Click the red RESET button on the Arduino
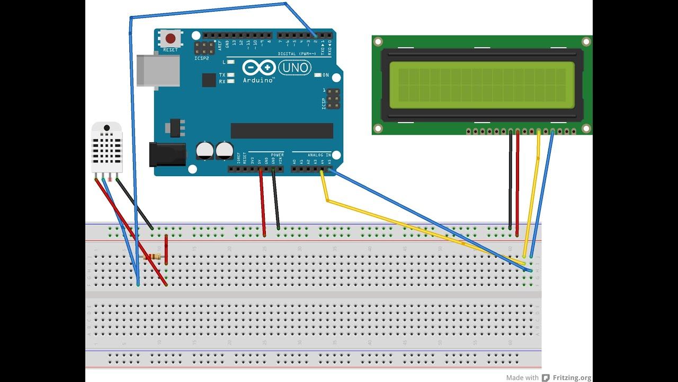click(x=171, y=38)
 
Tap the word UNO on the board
click(x=295, y=68)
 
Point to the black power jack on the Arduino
click(x=167, y=154)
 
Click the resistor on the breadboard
click(x=153, y=257)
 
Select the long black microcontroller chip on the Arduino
click(x=282, y=131)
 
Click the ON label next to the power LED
click(x=326, y=75)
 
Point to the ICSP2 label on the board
click(x=202, y=58)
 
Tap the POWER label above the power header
click(x=277, y=155)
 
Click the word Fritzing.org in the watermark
click(x=572, y=378)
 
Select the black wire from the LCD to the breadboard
click(x=510, y=180)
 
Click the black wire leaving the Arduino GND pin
click(x=276, y=199)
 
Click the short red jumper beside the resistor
click(x=166, y=249)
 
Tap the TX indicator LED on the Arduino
click(x=231, y=75)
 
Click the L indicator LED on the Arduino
click(x=231, y=63)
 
